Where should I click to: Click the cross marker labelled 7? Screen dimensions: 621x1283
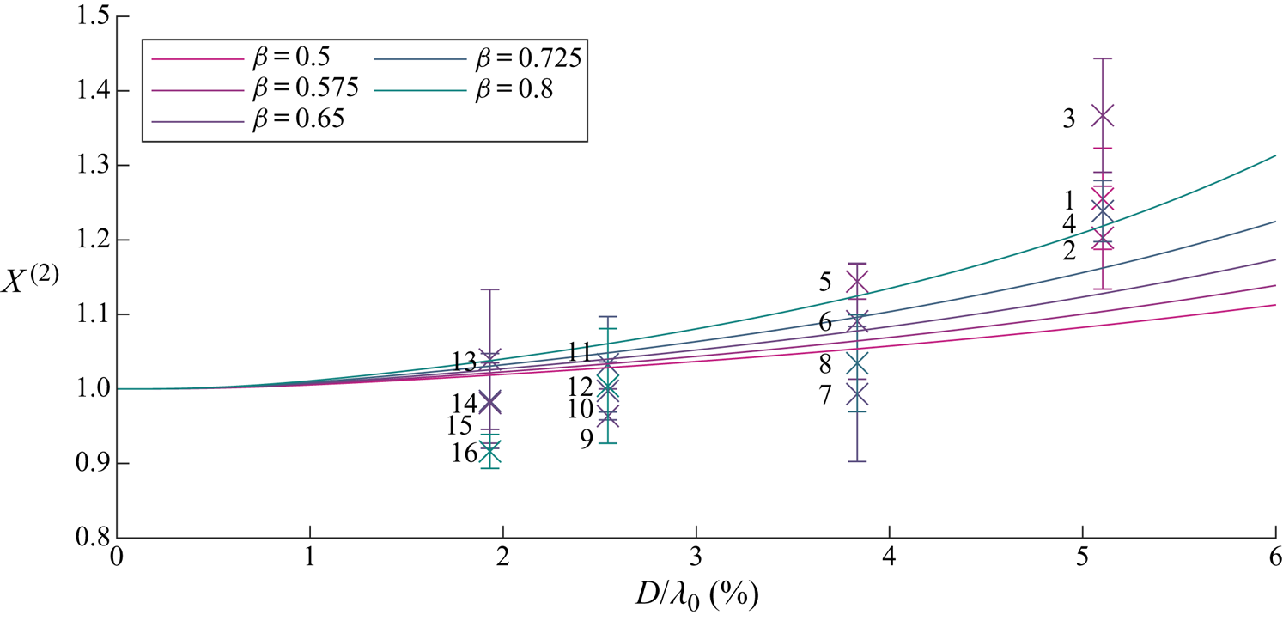tap(857, 395)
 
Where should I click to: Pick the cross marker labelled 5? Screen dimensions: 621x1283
tap(857, 282)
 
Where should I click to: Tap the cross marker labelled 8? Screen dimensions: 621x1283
tap(857, 364)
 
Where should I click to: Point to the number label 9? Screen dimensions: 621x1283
tap(586, 439)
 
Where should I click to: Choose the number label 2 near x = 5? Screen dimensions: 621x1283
tap(1069, 251)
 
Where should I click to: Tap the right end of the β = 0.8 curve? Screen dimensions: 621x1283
tap(1274, 157)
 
